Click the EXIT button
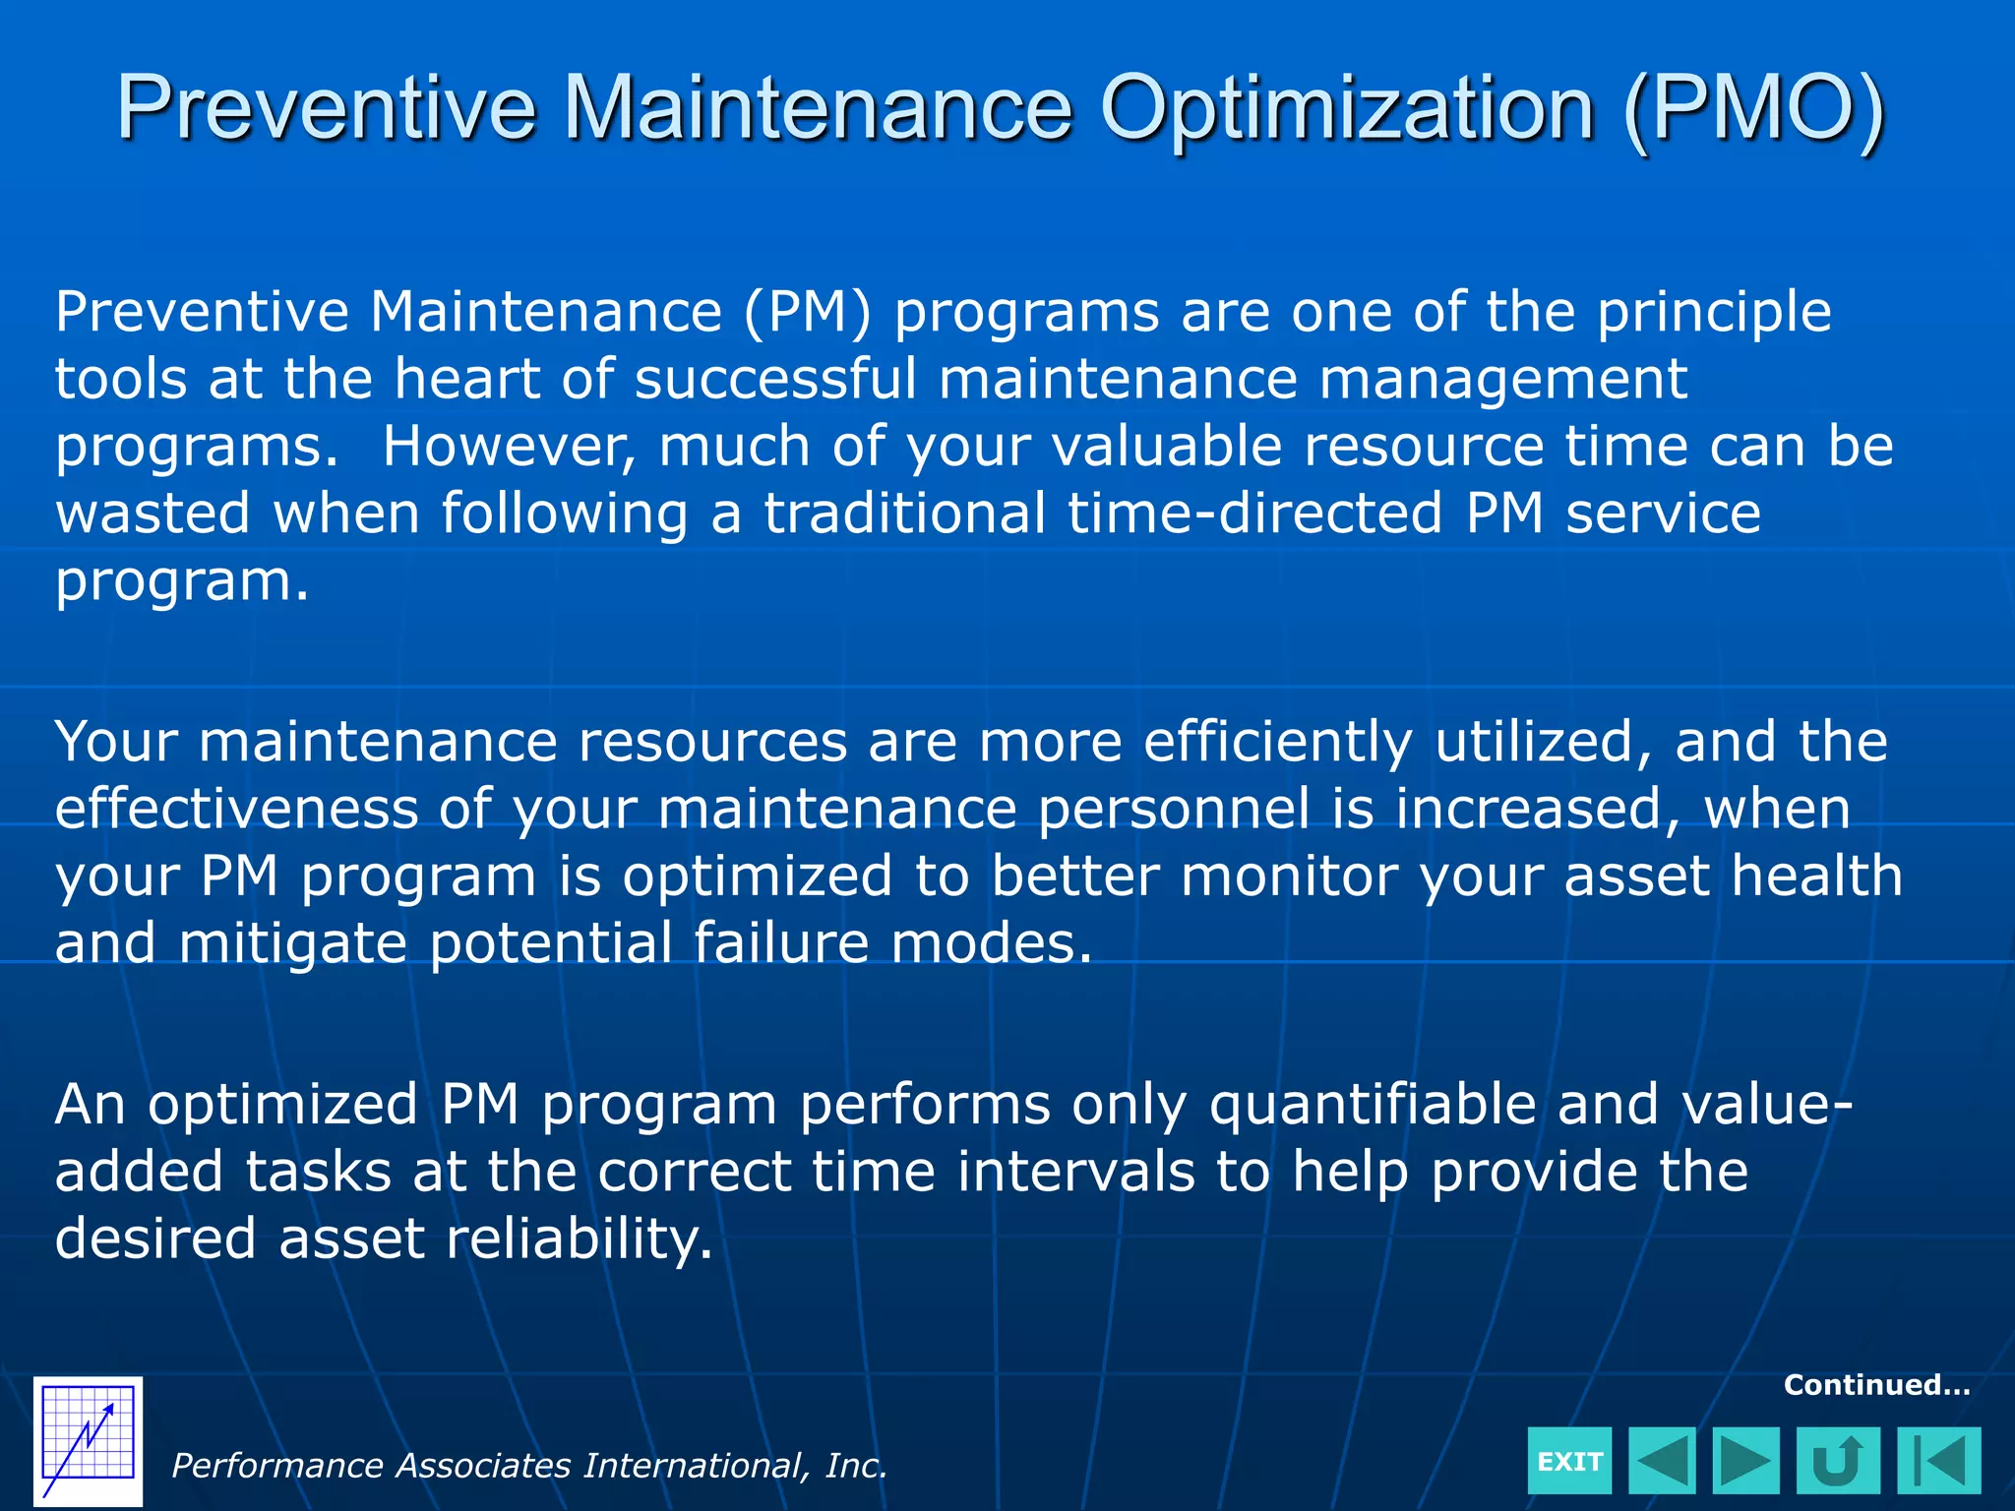tap(1569, 1461)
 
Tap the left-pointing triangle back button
tap(1662, 1461)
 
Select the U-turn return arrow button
tap(1837, 1461)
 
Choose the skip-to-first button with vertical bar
tap(1938, 1461)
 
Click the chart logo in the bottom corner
tap(88, 1441)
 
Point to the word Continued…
tap(1876, 1385)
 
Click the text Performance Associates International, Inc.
tap(529, 1466)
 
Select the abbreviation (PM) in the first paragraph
tap(807, 313)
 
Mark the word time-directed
tap(1254, 514)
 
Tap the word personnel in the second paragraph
tap(1174, 810)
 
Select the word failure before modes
tap(781, 944)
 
